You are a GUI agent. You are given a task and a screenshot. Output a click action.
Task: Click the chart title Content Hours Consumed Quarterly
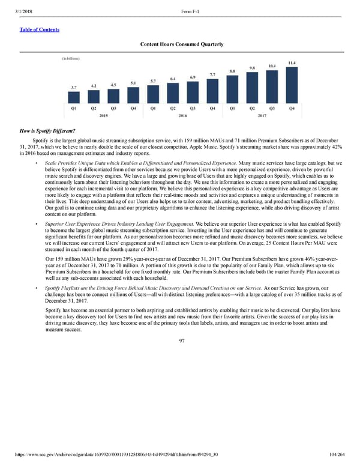(x=181, y=44)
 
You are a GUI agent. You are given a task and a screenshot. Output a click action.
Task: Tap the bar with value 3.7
(x=73, y=97)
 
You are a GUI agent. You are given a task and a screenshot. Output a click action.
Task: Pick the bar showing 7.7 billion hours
(x=212, y=90)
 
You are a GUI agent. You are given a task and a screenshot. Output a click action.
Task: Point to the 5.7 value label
(x=153, y=81)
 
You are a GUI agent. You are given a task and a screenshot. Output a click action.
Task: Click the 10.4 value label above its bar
(x=272, y=65)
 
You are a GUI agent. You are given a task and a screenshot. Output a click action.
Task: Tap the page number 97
(x=181, y=340)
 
